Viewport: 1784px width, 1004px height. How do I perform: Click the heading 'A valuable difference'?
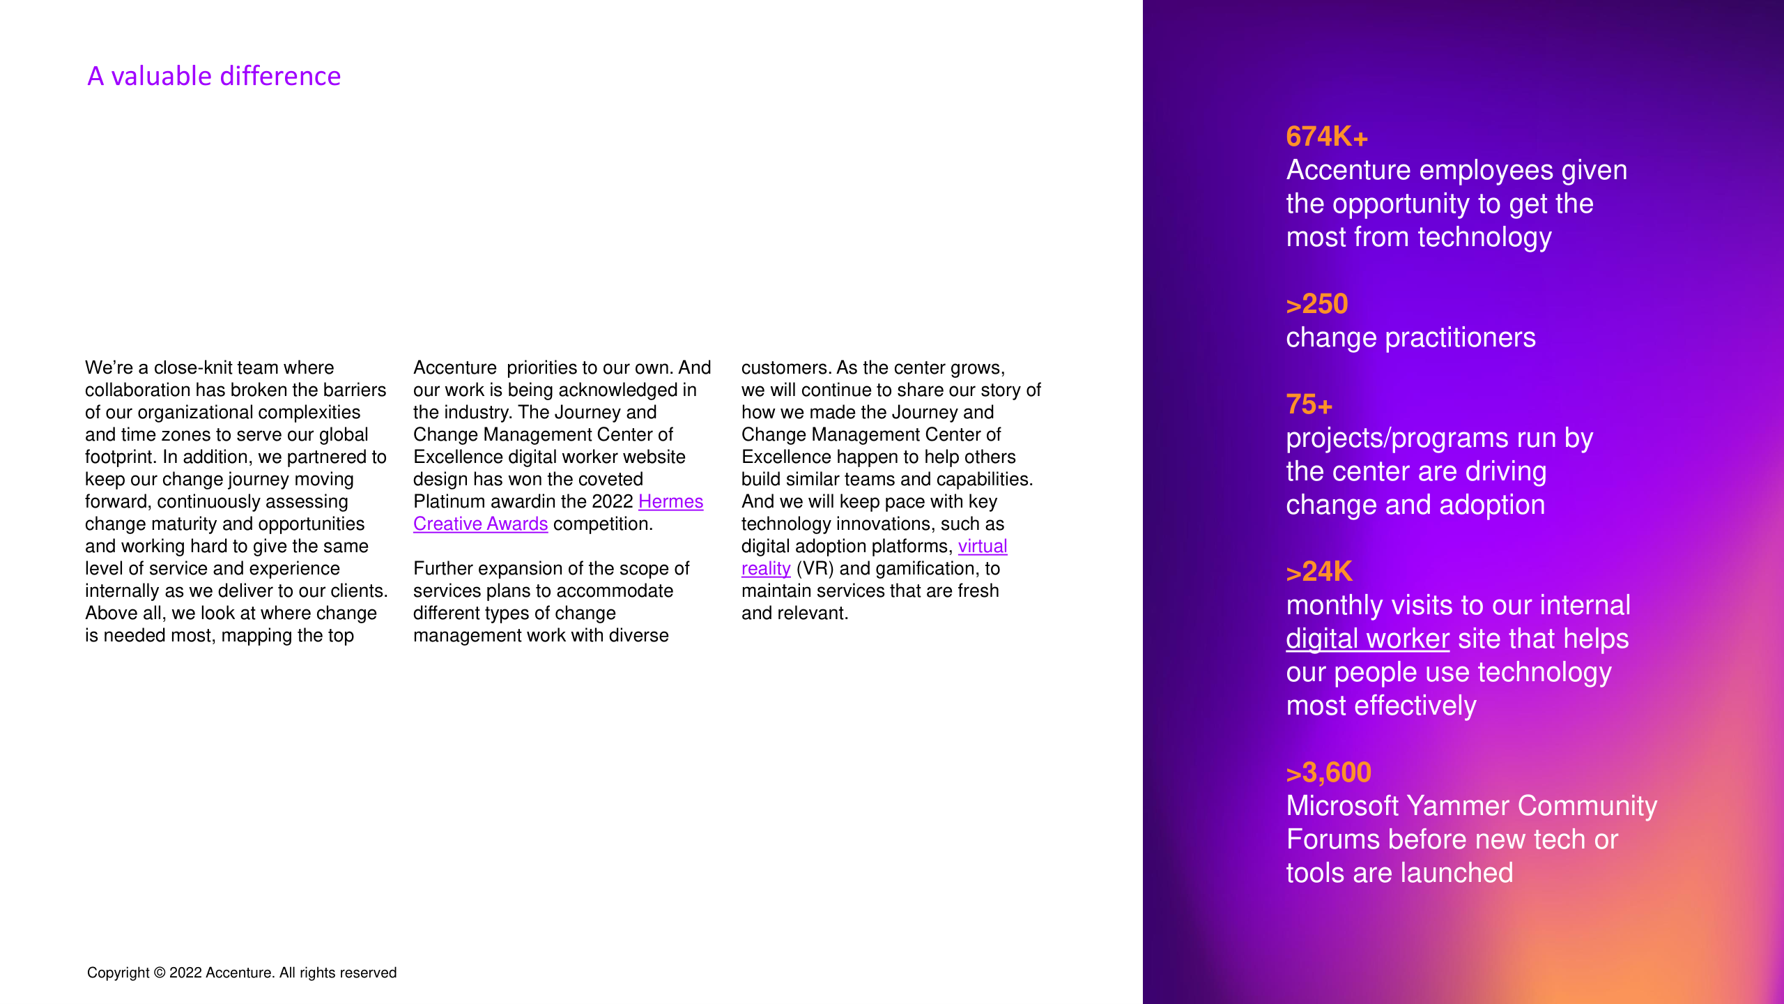coord(214,76)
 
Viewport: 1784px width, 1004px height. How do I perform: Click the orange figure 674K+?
coord(1327,137)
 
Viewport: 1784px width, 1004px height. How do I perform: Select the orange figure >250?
coord(1316,304)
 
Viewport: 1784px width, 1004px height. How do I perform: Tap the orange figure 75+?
coord(1309,404)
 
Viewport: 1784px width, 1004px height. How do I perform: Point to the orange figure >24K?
coord(1318,572)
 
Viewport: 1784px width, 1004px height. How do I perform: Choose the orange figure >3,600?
coord(1328,773)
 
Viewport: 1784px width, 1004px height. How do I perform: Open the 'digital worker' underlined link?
coord(1367,639)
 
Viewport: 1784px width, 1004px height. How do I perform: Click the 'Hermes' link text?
coord(670,501)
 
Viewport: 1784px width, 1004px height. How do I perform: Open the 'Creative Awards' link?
coord(480,524)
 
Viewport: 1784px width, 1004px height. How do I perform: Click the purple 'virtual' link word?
coord(983,546)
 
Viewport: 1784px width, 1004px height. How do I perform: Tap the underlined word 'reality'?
coord(766,568)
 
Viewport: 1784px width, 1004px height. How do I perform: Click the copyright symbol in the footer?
coord(160,973)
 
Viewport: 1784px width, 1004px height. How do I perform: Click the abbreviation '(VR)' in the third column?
coord(815,568)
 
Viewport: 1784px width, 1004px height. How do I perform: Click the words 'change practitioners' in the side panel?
coord(1410,337)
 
